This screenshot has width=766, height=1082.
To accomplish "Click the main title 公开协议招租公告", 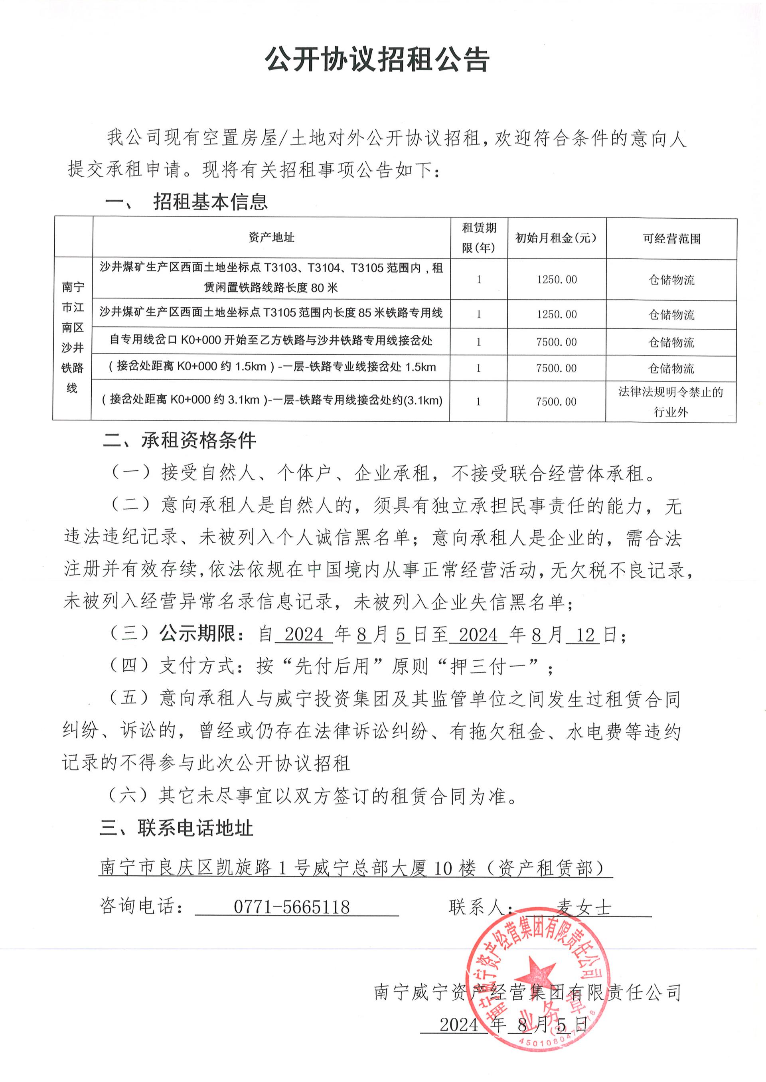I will pyautogui.click(x=377, y=60).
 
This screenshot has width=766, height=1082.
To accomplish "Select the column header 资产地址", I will pyautogui.click(x=271, y=238).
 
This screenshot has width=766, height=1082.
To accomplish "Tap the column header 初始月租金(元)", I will pyautogui.click(x=556, y=238).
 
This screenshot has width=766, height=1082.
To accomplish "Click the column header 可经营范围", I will pyautogui.click(x=671, y=239).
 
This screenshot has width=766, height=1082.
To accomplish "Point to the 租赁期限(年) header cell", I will pyautogui.click(x=479, y=238).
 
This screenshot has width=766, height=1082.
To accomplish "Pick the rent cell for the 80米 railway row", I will pyautogui.click(x=557, y=280).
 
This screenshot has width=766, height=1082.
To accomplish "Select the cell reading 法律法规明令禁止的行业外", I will pyautogui.click(x=671, y=402).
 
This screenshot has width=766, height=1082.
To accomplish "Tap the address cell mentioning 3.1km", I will pyautogui.click(x=271, y=401).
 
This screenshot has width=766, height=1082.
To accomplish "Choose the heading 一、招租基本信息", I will pyautogui.click(x=186, y=202).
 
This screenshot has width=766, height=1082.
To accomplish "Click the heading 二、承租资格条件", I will pyautogui.click(x=179, y=440).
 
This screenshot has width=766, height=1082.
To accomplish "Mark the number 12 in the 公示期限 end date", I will pyautogui.click(x=585, y=635).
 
